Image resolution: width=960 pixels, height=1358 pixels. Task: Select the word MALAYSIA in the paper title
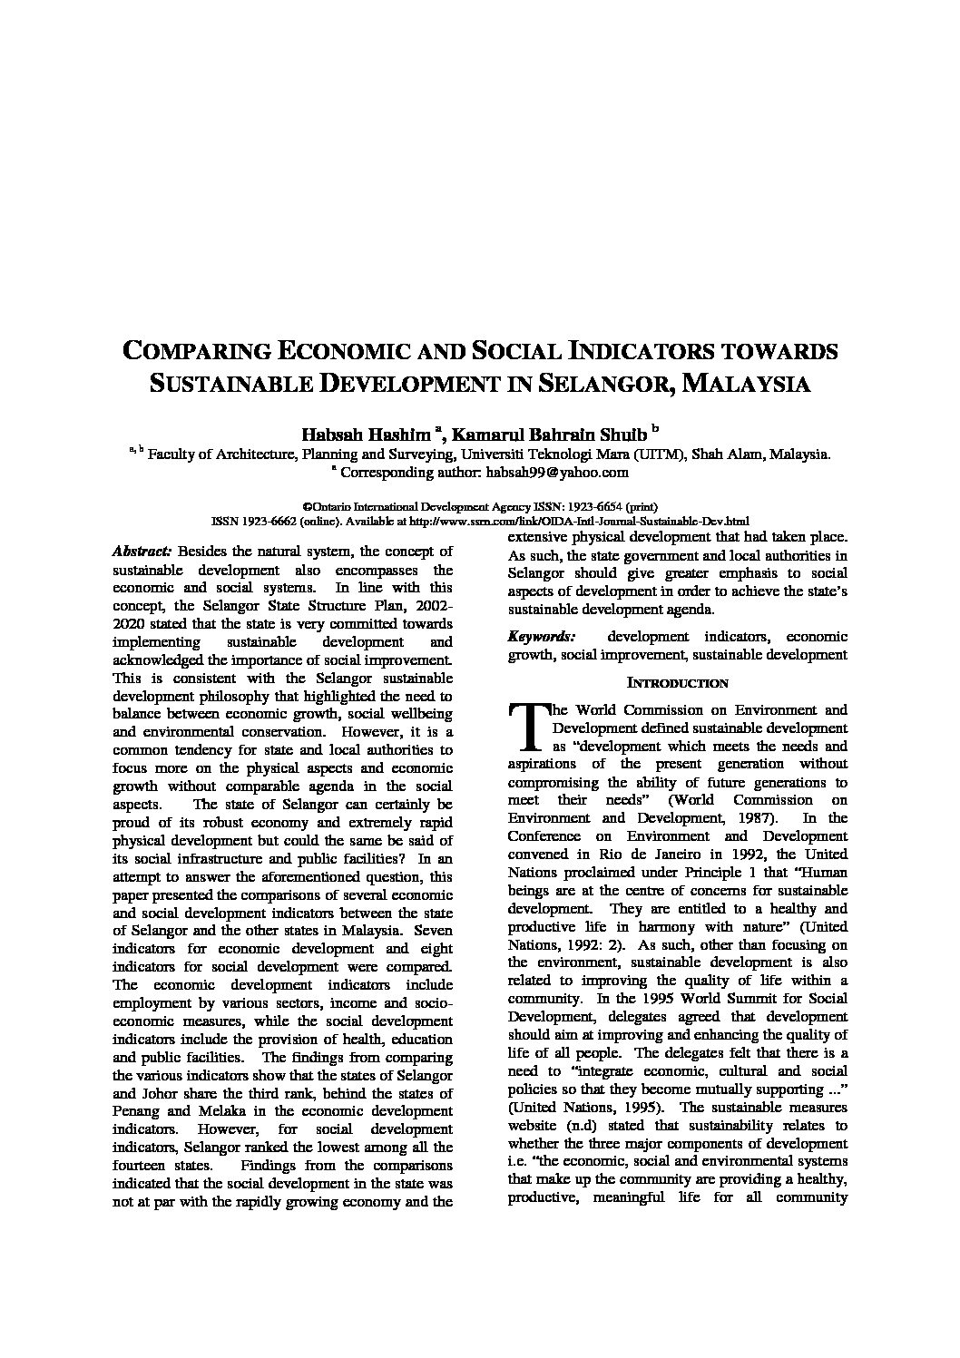point(745,383)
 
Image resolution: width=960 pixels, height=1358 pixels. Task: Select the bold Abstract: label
point(142,551)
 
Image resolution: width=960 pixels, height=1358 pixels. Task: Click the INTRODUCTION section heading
point(678,682)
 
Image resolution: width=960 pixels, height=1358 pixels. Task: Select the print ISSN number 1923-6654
point(594,507)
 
